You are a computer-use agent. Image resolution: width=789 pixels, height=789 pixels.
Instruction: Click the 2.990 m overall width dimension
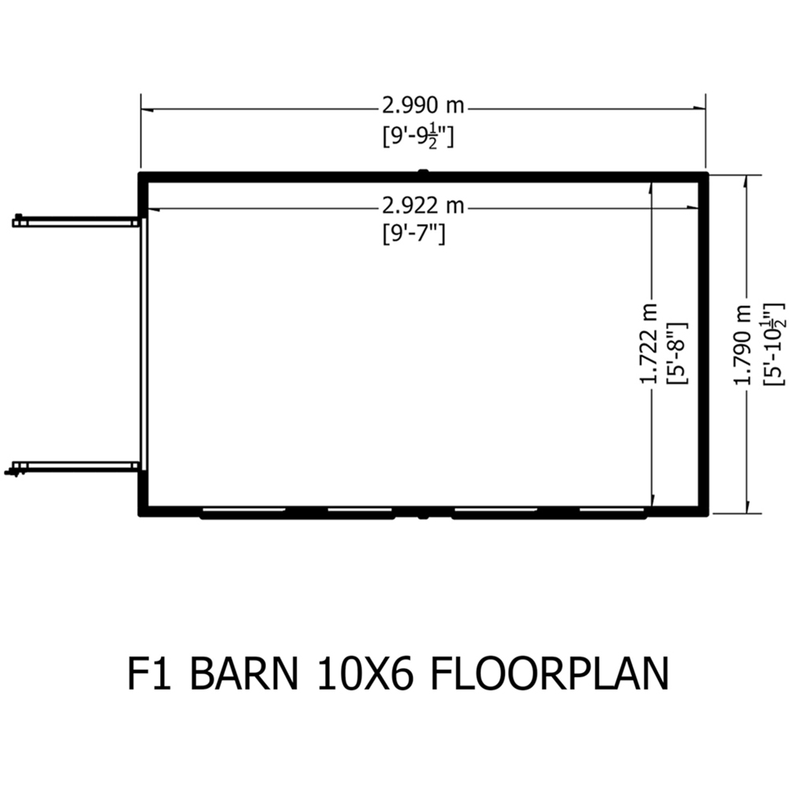point(423,107)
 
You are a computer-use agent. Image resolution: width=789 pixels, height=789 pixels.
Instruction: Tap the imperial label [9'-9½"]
point(417,136)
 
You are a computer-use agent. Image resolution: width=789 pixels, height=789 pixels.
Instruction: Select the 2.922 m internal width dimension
point(423,206)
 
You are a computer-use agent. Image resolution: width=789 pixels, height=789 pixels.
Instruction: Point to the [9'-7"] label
point(413,234)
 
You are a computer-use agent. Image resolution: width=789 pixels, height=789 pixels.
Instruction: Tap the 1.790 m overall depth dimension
point(742,345)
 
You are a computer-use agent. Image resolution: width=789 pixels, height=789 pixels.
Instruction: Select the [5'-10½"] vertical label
point(774,344)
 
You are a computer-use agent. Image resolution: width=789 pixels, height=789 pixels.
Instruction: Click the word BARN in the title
point(245,673)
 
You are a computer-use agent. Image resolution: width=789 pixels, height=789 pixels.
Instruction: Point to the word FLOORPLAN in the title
point(550,673)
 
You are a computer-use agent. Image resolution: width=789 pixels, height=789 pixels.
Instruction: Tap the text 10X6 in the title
point(365,673)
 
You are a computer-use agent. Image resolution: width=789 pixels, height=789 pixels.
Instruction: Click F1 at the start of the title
point(151,673)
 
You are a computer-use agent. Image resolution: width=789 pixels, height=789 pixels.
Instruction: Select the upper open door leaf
point(76,222)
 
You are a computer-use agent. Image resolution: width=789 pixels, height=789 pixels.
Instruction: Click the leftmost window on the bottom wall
point(243,512)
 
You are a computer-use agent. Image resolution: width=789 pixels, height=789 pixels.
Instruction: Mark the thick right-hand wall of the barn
point(704,344)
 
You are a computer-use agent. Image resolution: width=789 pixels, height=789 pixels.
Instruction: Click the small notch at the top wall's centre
point(423,172)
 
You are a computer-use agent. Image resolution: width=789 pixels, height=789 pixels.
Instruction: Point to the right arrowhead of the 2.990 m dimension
point(699,107)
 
